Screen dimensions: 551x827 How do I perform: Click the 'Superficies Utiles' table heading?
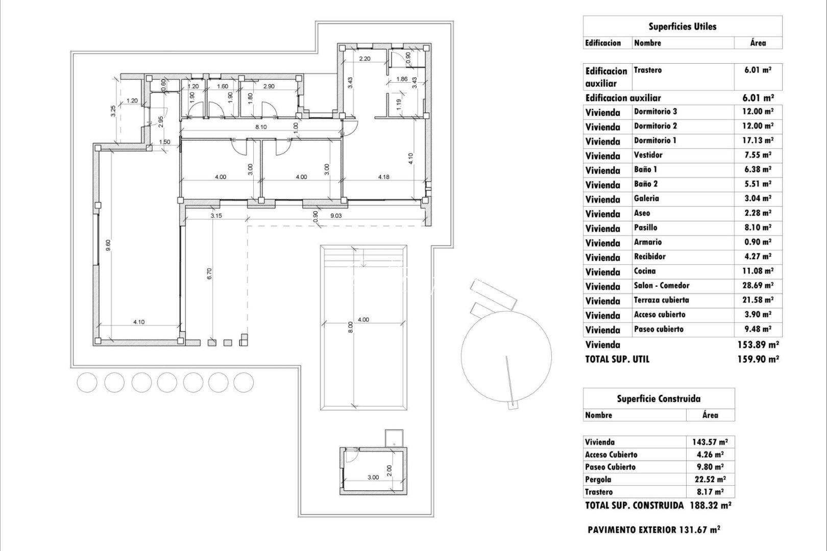[x=682, y=27]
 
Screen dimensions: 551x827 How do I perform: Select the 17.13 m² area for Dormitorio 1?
[x=758, y=140]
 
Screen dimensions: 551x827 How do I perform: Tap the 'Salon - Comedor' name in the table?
[x=661, y=286]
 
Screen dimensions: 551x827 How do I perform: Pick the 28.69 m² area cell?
[x=758, y=286]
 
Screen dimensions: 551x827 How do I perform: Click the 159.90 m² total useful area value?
[x=758, y=359]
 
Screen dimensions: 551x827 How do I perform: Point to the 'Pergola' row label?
[x=598, y=480]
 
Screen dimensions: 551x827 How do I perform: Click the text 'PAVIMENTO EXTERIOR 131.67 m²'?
[x=653, y=530]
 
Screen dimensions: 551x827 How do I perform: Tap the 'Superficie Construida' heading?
[x=659, y=399]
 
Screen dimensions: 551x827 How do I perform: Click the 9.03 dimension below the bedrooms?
[x=336, y=216]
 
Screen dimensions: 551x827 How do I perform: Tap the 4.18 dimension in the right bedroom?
[x=384, y=177]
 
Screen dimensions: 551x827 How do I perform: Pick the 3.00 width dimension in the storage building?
[x=373, y=478]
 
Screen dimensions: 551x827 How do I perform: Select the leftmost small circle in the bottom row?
[x=87, y=382]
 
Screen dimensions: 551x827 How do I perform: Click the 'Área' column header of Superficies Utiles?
[x=758, y=43]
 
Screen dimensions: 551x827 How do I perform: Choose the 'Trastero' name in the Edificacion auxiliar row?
[x=647, y=70]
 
